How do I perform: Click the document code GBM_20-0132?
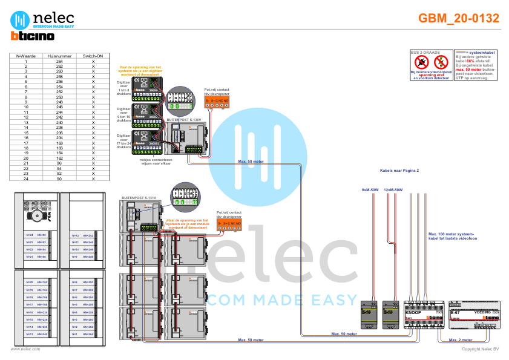pyautogui.click(x=459, y=19)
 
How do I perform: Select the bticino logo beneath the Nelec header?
pyautogui.click(x=32, y=36)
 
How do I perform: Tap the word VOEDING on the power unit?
pyautogui.click(x=482, y=312)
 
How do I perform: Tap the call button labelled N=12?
pyautogui.click(x=74, y=235)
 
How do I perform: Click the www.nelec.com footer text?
pyautogui.click(x=25, y=349)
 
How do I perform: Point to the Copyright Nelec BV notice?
pyautogui.click(x=480, y=349)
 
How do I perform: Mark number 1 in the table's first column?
pyautogui.click(x=25, y=61)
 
